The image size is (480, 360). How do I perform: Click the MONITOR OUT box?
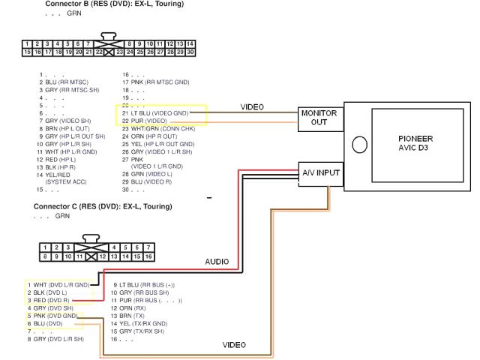(319, 118)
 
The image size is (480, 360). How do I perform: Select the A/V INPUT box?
(320, 173)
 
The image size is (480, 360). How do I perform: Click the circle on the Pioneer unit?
(359, 144)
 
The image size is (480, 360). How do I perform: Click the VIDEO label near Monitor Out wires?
(252, 107)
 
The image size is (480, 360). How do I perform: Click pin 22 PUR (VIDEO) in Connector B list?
(145, 121)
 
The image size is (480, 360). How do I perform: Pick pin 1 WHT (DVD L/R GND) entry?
(58, 285)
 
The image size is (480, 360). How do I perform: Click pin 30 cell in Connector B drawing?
(190, 52)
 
